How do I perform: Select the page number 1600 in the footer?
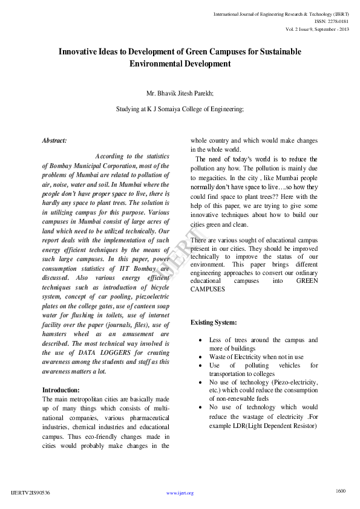tap(341, 490)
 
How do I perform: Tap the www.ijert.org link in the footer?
tap(180, 493)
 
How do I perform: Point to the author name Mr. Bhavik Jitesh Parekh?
tap(180, 94)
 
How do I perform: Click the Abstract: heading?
tap(54, 140)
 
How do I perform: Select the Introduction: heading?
tap(61, 390)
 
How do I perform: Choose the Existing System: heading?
tap(214, 322)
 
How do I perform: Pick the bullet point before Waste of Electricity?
tap(200, 357)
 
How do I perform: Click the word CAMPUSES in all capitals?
tap(208, 290)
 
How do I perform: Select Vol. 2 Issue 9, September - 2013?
tap(316, 29)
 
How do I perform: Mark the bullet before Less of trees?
tap(200, 340)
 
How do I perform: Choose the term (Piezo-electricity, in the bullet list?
tap(295, 383)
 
